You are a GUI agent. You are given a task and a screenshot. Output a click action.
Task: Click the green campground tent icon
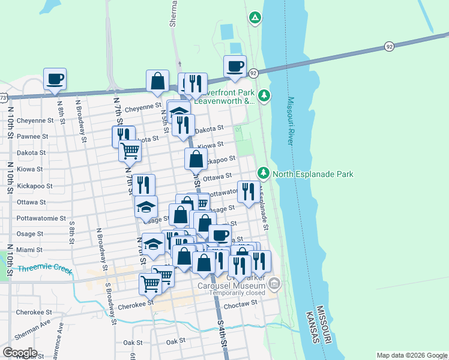coord(255,18)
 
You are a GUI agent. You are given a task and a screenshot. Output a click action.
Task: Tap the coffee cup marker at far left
coord(55,79)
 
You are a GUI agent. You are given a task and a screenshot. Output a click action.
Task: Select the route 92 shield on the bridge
coord(390,46)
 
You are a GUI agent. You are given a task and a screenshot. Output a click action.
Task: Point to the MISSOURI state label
coord(322,325)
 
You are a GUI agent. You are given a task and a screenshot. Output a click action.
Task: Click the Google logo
coord(20,353)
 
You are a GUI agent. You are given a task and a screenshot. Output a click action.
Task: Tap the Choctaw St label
coord(240,304)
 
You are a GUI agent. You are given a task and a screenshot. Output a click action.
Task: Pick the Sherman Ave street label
coord(20,326)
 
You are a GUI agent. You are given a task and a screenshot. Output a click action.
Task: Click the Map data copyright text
coord(411,355)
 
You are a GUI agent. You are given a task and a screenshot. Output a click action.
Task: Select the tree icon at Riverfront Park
coord(264,95)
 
